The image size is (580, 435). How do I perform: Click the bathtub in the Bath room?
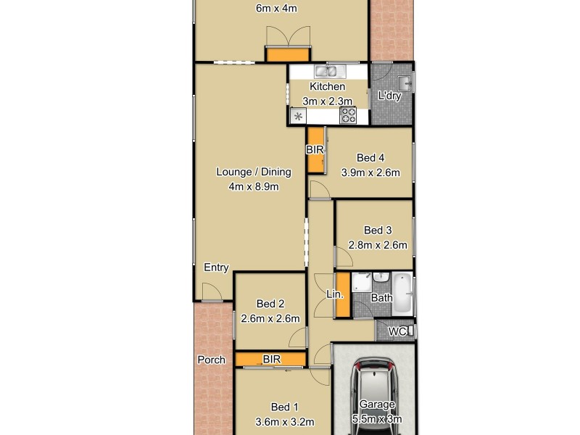pos(402,294)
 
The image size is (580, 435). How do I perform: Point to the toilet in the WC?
pos(410,331)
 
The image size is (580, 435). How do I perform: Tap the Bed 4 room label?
pos(370,158)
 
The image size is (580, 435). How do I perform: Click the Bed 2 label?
pos(269,304)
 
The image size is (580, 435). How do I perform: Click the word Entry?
pos(216,268)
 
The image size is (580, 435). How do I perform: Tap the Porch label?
pos(211,360)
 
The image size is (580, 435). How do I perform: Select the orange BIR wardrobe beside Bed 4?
pos(315,150)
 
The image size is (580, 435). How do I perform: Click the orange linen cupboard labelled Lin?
pos(342,295)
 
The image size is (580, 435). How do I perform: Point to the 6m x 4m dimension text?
pos(276,9)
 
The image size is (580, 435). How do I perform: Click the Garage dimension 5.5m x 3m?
pos(377,419)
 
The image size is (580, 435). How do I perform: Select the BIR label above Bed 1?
pos(272,359)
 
